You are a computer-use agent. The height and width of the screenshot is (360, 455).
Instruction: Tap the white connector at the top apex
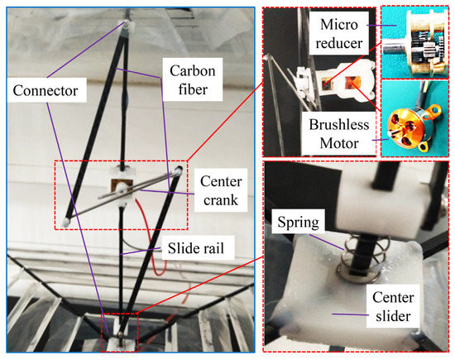(x=129, y=28)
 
